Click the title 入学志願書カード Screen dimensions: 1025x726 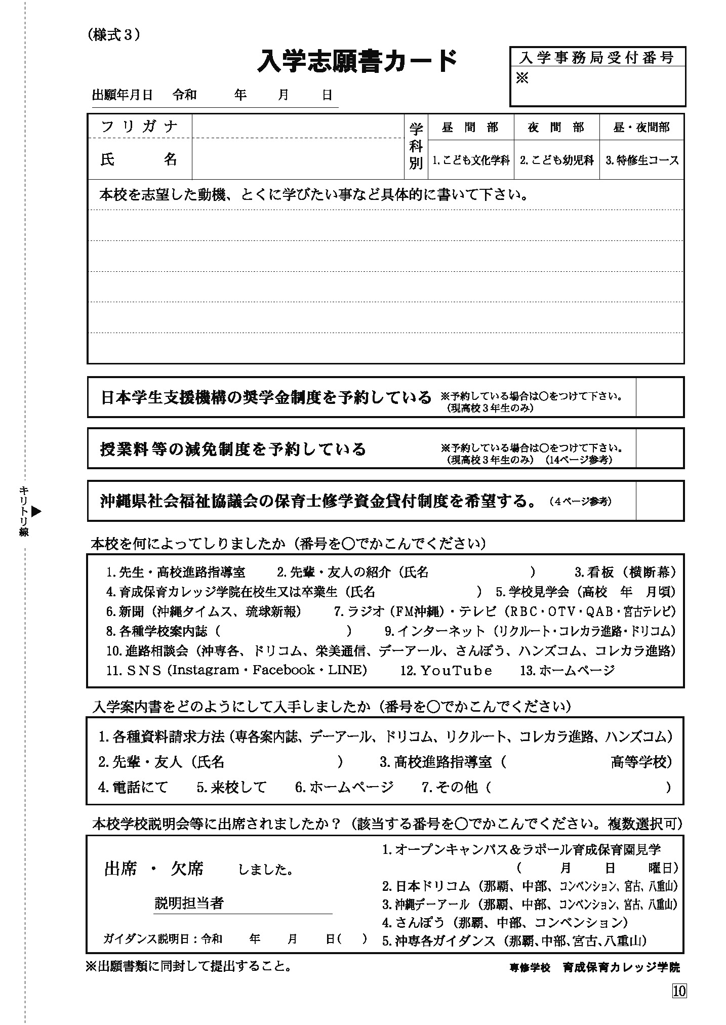click(357, 62)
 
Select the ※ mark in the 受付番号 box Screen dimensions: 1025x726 click(522, 79)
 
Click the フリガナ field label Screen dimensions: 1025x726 click(139, 126)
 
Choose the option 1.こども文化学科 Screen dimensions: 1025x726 click(471, 161)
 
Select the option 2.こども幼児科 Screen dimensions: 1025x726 click(556, 161)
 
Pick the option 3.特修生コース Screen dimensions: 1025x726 click(642, 161)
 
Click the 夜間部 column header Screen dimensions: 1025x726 click(556, 128)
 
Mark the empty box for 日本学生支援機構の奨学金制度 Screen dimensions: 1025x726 click(659, 397)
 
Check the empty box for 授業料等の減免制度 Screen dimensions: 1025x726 click(659, 448)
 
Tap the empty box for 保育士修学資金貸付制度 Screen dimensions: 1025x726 click(659, 501)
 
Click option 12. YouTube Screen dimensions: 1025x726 click(446, 670)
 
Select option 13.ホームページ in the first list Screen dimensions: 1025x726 click(568, 670)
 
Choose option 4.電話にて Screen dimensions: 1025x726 click(133, 787)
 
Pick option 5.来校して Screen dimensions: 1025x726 click(231, 787)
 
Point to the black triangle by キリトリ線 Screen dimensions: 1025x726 click(36, 511)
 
